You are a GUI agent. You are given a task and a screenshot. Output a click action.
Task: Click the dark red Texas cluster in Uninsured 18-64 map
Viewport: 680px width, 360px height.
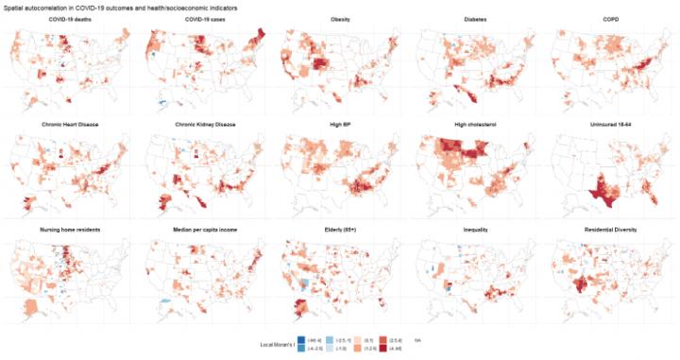tap(601, 193)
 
